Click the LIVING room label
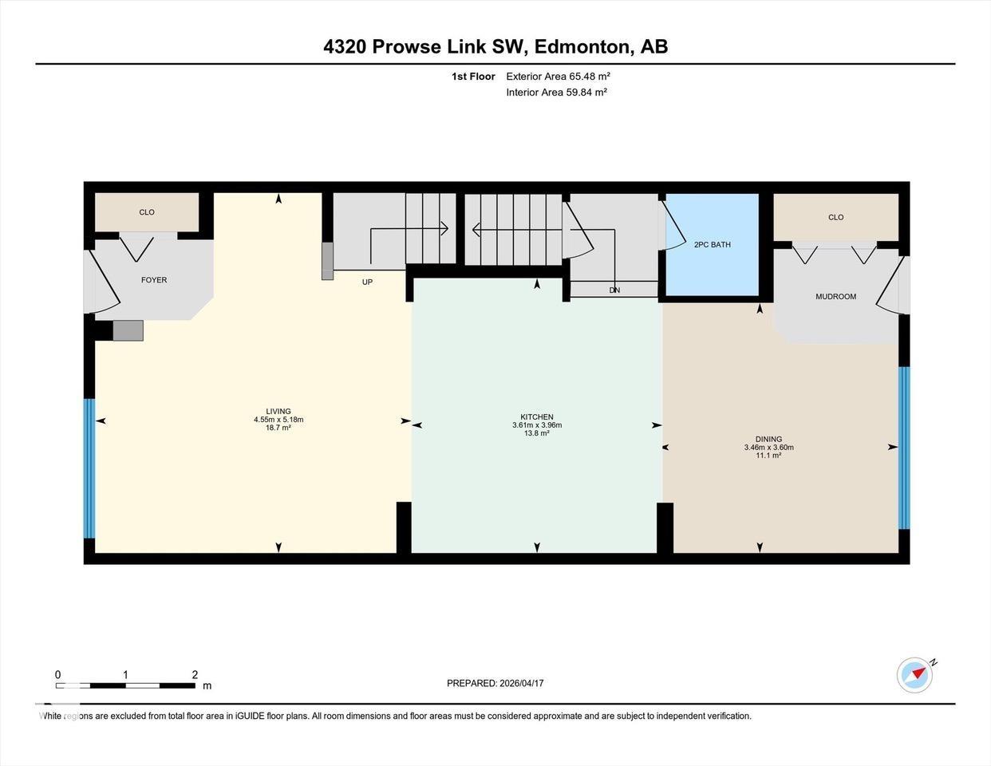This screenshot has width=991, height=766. point(278,412)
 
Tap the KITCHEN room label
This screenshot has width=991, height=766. point(537,417)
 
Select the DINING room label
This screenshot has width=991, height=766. point(768,439)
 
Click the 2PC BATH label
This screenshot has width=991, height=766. point(712,245)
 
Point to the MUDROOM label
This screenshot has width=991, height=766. point(835,297)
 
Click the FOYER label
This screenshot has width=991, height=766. point(154,280)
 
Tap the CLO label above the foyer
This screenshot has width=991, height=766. point(147,212)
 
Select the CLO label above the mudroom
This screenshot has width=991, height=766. point(835,217)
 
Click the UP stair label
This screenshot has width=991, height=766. point(367,282)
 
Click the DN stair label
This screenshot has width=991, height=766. point(614,290)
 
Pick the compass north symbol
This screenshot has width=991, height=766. point(915,674)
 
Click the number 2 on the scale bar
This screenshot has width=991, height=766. point(195,674)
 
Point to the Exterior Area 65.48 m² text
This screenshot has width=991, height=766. point(558,77)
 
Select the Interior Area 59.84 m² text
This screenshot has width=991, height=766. point(556,93)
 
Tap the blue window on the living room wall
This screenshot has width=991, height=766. point(89,468)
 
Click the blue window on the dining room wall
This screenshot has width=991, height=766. point(903,448)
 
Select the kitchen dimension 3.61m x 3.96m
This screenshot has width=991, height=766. point(537,425)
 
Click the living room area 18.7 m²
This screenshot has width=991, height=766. point(278,428)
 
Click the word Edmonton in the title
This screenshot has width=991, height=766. point(581,47)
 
